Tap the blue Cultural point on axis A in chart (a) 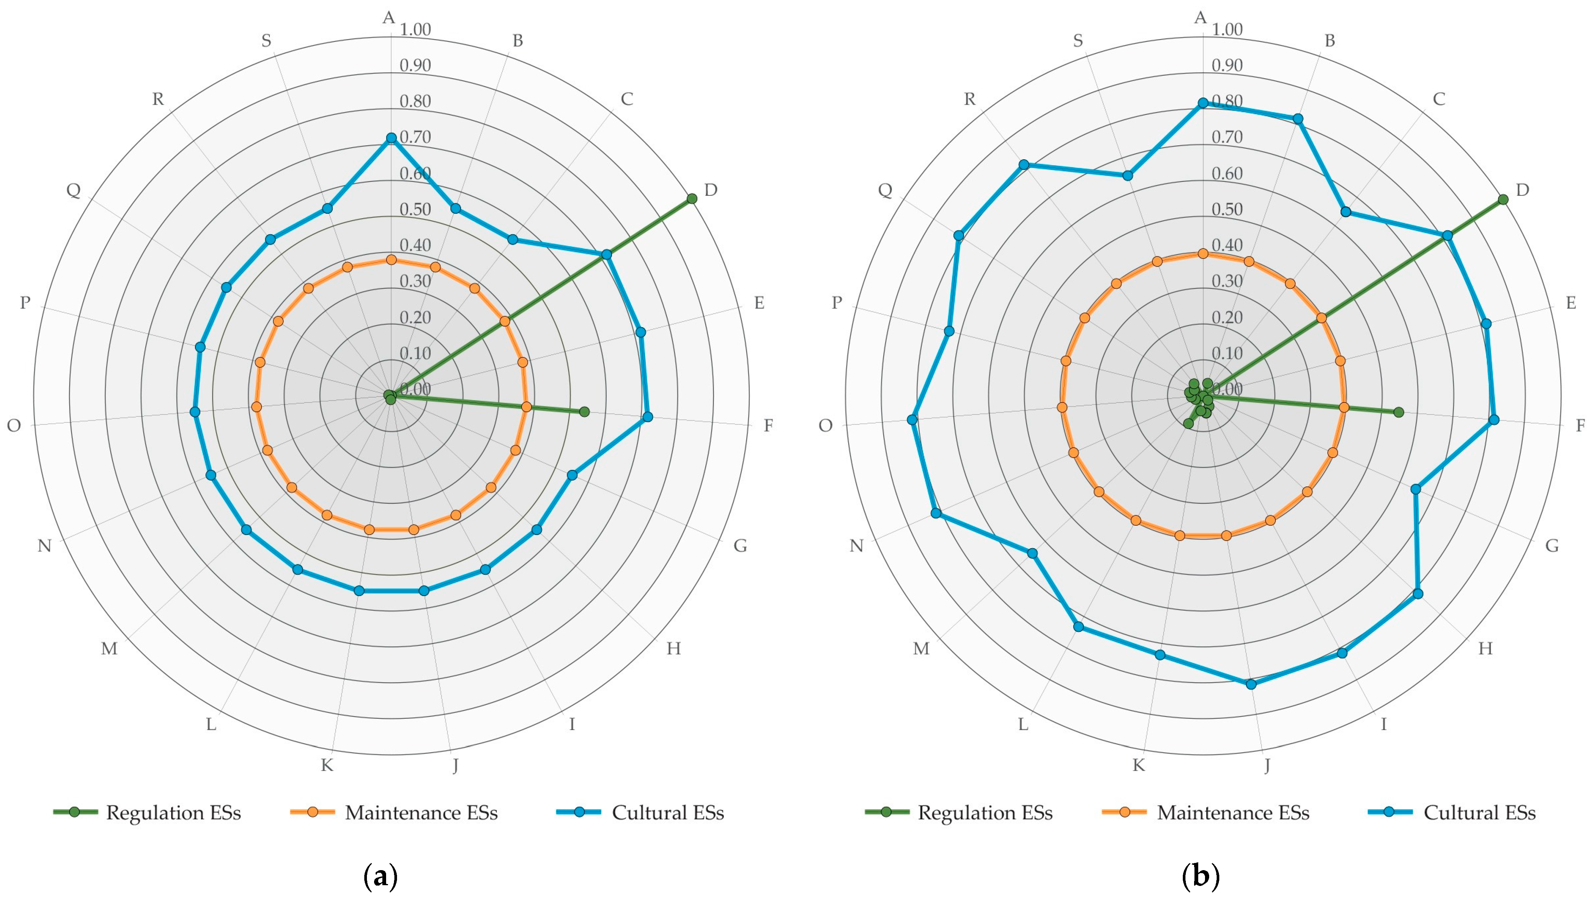point(391,139)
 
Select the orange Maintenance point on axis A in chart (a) point(391,260)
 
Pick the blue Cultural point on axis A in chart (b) point(1203,103)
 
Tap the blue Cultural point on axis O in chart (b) point(911,419)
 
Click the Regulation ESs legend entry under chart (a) point(147,813)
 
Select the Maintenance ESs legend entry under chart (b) point(1206,813)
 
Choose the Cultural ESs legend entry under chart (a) point(640,813)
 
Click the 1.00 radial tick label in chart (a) point(415,29)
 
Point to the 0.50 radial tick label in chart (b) point(1227,209)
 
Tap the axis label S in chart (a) point(266,41)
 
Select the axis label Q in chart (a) point(74,190)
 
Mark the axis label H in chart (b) point(1485,648)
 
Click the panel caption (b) point(1200,876)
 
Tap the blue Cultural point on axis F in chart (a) point(647,417)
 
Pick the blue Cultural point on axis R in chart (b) point(1024,165)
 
